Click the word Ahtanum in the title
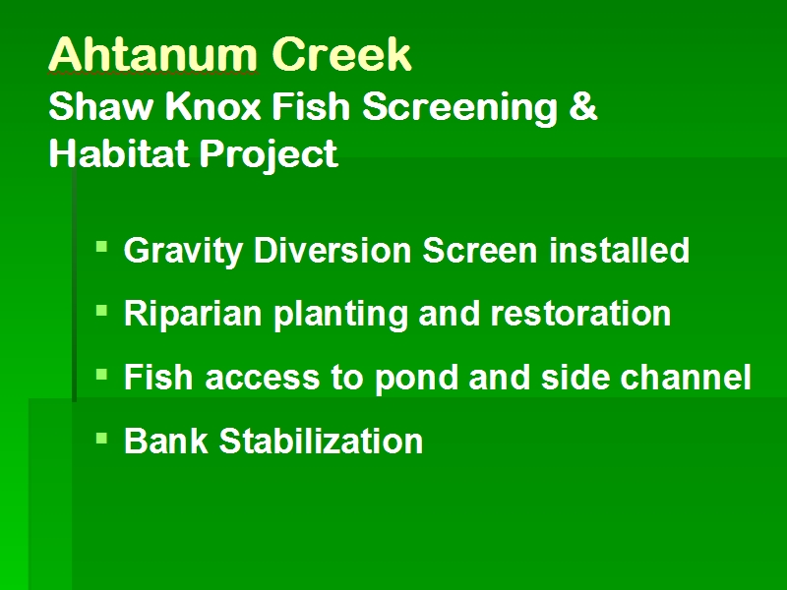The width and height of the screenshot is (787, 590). pyautogui.click(x=153, y=54)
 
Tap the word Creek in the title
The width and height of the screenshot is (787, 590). pyautogui.click(x=341, y=54)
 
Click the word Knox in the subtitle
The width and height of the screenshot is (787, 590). pyautogui.click(x=212, y=106)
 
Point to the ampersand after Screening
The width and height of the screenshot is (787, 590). pyautogui.click(x=583, y=106)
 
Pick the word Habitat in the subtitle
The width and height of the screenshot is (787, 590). pyautogui.click(x=118, y=153)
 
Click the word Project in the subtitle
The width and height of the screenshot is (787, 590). pyautogui.click(x=269, y=155)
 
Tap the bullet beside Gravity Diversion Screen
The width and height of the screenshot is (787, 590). pyautogui.click(x=102, y=247)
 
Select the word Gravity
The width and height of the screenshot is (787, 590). pyautogui.click(x=183, y=252)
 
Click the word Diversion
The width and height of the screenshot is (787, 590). pyautogui.click(x=333, y=250)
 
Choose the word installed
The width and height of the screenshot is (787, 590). pyautogui.click(x=620, y=250)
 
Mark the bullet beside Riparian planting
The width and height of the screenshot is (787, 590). pyautogui.click(x=102, y=311)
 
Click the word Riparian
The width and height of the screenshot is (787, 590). pyautogui.click(x=193, y=315)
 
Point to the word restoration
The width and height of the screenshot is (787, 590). pyautogui.click(x=580, y=314)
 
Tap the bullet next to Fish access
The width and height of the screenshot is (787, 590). pyautogui.click(x=102, y=375)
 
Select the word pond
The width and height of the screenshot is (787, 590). pyautogui.click(x=416, y=379)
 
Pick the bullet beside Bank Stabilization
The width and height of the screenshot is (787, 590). pyautogui.click(x=102, y=439)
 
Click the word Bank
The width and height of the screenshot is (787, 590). pyautogui.click(x=166, y=441)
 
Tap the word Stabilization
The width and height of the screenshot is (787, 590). pyautogui.click(x=322, y=441)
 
